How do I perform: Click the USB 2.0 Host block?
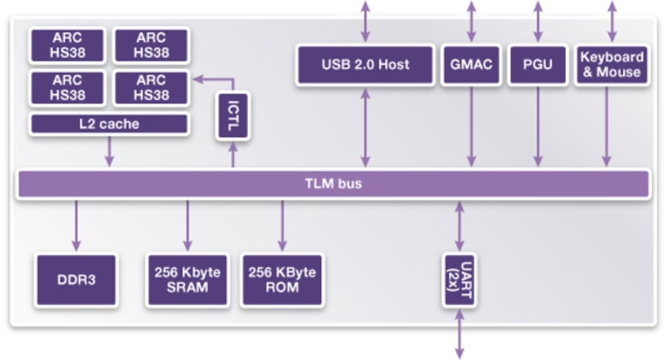click(365, 64)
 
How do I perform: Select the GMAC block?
click(471, 64)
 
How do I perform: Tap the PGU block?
click(538, 64)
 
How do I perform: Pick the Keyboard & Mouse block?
click(611, 64)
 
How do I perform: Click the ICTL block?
click(232, 116)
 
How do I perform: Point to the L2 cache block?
click(109, 124)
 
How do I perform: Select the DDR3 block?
click(75, 280)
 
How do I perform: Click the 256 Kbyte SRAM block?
click(188, 280)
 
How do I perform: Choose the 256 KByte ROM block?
click(282, 280)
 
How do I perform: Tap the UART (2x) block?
click(460, 280)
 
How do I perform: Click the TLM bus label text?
click(333, 184)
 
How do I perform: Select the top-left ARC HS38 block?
click(67, 45)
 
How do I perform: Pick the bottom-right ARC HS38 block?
click(151, 88)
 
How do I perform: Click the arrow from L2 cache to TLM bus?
click(109, 151)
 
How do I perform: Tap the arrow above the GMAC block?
click(471, 21)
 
